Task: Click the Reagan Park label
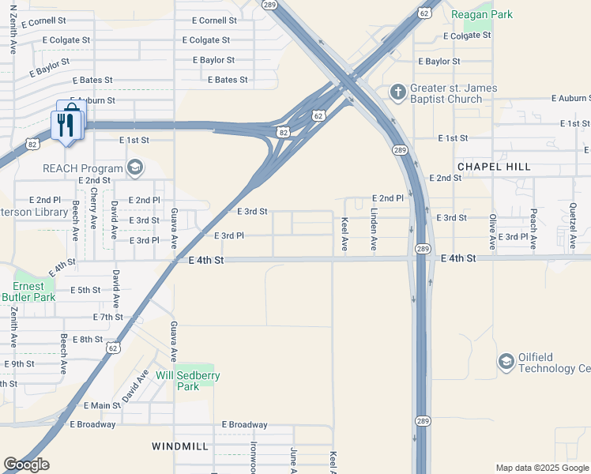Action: click(x=481, y=14)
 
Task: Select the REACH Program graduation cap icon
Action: click(x=135, y=167)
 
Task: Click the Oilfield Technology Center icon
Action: click(x=505, y=362)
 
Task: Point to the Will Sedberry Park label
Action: click(x=187, y=381)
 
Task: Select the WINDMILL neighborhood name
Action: click(x=180, y=446)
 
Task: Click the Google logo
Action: click(x=26, y=465)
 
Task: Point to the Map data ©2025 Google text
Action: click(x=542, y=468)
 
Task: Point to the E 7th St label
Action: click(x=107, y=317)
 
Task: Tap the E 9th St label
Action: click(x=19, y=364)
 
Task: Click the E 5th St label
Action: click(x=85, y=290)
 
